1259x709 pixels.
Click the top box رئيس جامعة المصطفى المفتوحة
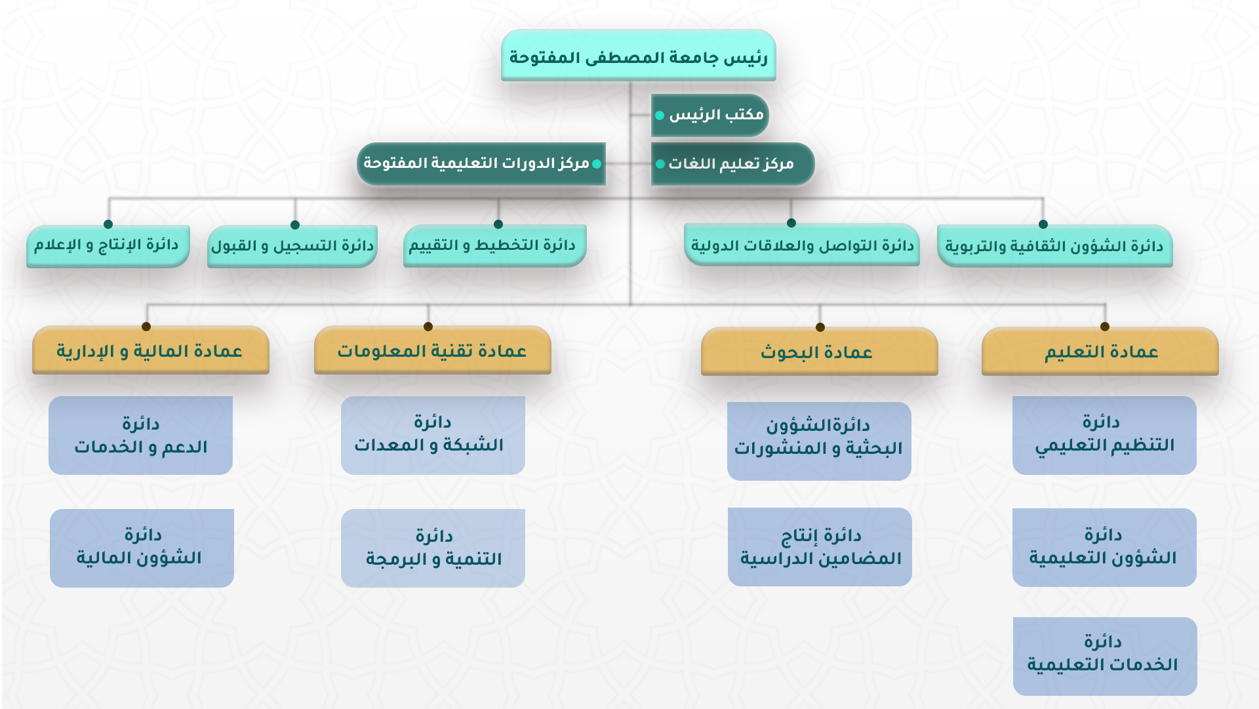click(x=638, y=56)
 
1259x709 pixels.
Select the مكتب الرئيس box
click(x=709, y=115)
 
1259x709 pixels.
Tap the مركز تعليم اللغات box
click(x=732, y=163)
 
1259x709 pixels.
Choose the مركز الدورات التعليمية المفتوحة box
click(x=481, y=163)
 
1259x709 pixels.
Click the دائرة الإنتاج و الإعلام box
click(x=108, y=246)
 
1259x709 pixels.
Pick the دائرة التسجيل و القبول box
click(x=292, y=247)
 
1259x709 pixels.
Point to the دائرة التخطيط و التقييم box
click(x=494, y=246)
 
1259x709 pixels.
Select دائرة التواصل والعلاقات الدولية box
click(x=801, y=245)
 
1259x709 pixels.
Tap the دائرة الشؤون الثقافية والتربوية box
click(x=1054, y=246)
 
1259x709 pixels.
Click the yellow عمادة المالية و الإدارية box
click(x=151, y=350)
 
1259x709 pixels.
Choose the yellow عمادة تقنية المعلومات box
click(x=433, y=350)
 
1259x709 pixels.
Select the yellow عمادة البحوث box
click(x=820, y=352)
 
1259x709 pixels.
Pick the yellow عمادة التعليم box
click(x=1100, y=352)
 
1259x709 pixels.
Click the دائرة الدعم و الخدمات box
click(x=141, y=436)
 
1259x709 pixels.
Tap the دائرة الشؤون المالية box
click(x=142, y=548)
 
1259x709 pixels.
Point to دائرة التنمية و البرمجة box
click(x=433, y=548)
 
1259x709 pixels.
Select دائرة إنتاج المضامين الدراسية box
click(x=820, y=547)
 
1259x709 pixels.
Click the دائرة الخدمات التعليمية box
click(x=1105, y=657)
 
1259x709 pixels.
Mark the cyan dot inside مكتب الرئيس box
click(x=660, y=115)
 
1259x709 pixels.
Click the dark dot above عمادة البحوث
click(x=820, y=327)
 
